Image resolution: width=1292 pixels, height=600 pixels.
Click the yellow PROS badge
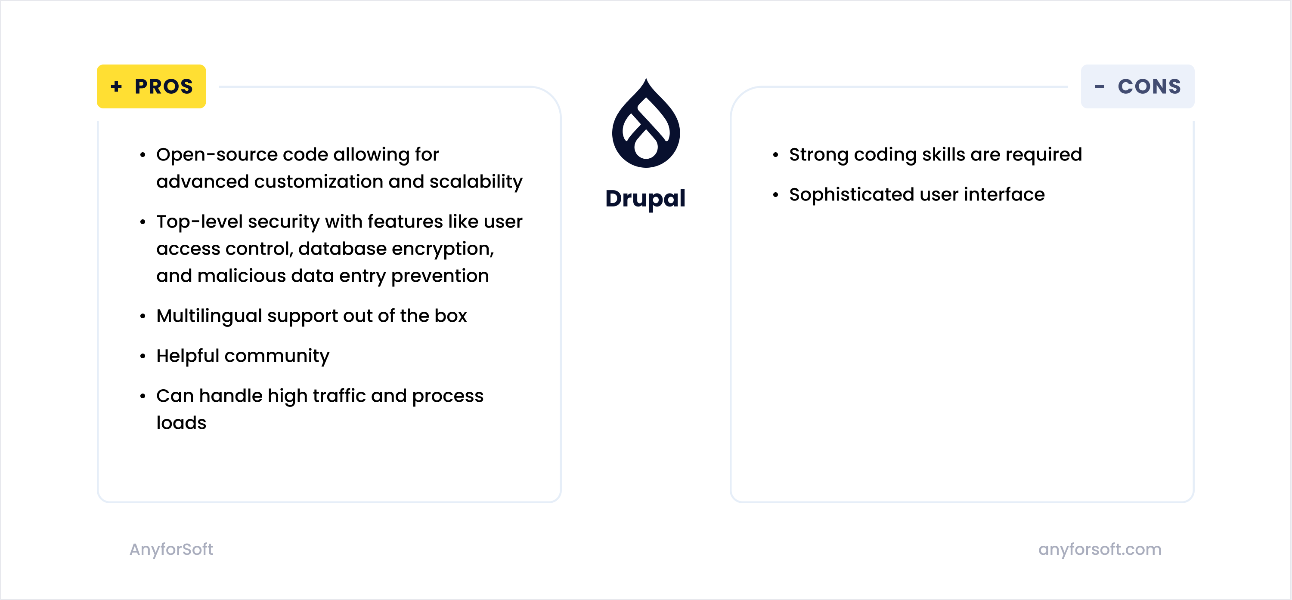[x=151, y=86]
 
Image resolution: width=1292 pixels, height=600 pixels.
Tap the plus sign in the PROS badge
[x=116, y=87]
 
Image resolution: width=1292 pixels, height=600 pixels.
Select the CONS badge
[x=1137, y=86]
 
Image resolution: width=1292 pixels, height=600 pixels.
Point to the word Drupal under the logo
[x=645, y=199]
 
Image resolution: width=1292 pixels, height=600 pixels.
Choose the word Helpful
[x=188, y=356]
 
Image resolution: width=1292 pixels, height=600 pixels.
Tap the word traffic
[x=339, y=396]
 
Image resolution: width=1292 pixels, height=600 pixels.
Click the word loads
[x=181, y=423]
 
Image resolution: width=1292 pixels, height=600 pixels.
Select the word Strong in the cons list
[x=818, y=154]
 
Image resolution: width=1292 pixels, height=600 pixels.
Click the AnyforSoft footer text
[x=171, y=549]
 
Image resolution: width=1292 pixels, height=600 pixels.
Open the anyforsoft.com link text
[x=1100, y=549]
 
